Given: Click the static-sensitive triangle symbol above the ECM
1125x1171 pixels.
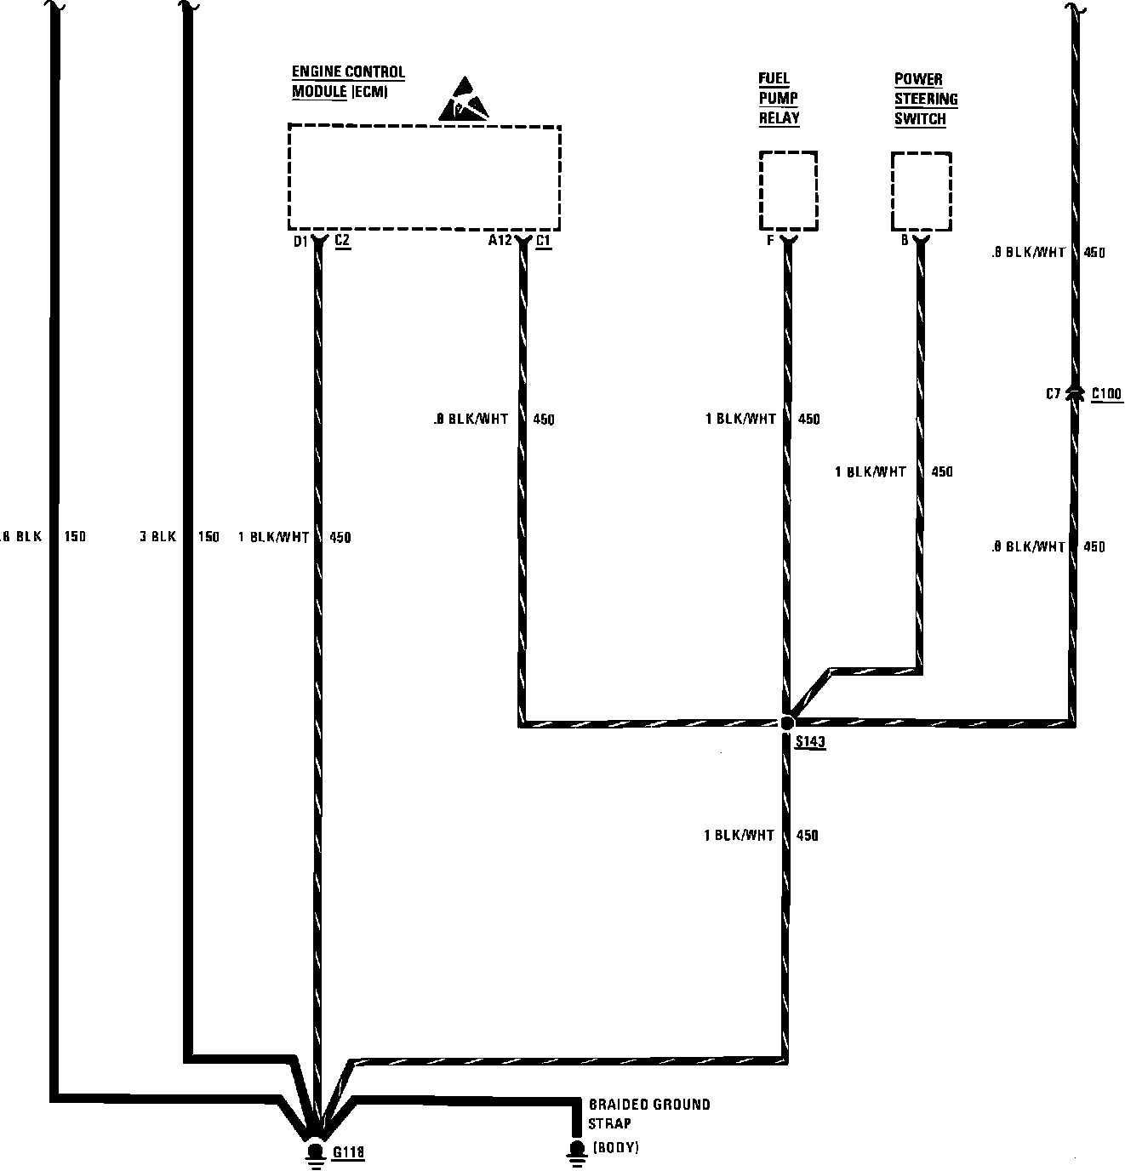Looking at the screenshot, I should click(x=465, y=100).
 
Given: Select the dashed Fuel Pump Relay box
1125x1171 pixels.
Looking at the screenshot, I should click(x=788, y=191).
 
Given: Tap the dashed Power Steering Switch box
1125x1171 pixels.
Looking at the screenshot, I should click(x=921, y=191).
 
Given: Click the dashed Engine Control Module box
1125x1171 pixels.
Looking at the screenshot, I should click(x=424, y=177).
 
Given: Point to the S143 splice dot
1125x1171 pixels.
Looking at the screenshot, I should click(x=787, y=723).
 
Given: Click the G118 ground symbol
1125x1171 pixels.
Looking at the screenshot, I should click(x=315, y=1152).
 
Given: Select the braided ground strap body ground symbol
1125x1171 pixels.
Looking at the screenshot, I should click(x=576, y=1151).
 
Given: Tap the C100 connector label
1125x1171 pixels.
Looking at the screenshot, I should click(x=1106, y=393).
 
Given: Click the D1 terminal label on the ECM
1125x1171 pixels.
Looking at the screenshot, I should click(x=300, y=242).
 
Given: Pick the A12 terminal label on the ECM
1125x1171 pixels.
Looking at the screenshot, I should click(x=500, y=241).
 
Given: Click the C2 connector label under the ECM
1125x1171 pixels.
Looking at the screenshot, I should click(x=342, y=241).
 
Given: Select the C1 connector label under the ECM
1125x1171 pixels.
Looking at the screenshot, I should click(x=543, y=241).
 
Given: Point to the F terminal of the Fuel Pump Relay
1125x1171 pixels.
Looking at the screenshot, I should click(x=770, y=241).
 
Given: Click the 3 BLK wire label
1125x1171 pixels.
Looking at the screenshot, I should click(x=157, y=537).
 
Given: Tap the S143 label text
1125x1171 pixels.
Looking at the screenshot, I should click(x=810, y=742).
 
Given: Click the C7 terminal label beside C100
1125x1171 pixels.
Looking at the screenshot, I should click(x=1054, y=393).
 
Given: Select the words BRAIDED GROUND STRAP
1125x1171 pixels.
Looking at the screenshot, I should click(x=648, y=1114).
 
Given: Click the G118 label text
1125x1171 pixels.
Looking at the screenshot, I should click(x=348, y=1153).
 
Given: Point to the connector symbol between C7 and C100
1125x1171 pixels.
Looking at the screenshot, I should click(x=1075, y=392).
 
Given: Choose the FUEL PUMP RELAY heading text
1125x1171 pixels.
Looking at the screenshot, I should click(x=779, y=99).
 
